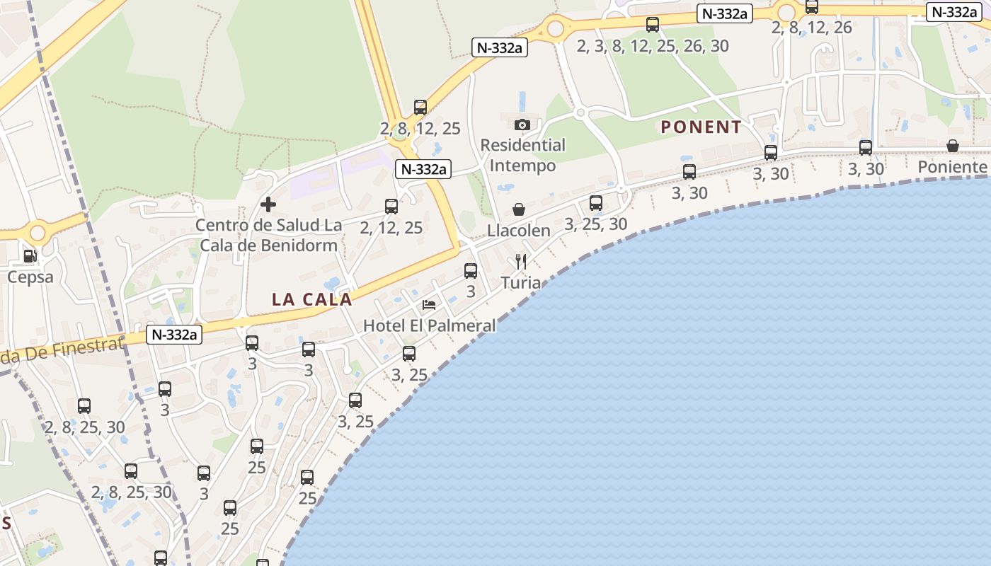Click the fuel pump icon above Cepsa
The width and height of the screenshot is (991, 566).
[x=30, y=256]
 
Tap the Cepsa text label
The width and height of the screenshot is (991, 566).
[x=30, y=277]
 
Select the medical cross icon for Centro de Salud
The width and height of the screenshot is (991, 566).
[x=268, y=205]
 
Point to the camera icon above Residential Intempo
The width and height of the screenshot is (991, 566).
[x=522, y=125]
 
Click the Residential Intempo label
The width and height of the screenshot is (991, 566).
[x=523, y=156]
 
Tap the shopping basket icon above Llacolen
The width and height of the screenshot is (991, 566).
[x=519, y=210]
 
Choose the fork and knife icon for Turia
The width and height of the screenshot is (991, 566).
[x=521, y=262]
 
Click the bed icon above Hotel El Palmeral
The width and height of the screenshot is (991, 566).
[x=429, y=305]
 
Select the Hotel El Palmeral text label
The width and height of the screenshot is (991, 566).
[x=429, y=325]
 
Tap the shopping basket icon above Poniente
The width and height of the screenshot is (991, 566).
[x=953, y=146]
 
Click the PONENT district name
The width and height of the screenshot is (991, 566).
[x=701, y=127]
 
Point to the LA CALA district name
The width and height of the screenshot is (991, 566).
[x=311, y=299]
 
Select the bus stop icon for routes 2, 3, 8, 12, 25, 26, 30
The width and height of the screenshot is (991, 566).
[x=653, y=25]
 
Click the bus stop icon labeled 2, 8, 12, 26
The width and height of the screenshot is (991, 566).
[x=812, y=7]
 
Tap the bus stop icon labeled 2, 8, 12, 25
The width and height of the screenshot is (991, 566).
[x=420, y=108]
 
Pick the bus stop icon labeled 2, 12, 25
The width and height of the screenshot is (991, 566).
[x=391, y=207]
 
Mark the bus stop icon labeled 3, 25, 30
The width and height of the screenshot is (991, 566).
[x=596, y=204]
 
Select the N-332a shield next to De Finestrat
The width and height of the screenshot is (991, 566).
[x=174, y=335]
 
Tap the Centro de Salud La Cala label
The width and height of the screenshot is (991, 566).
[x=268, y=235]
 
